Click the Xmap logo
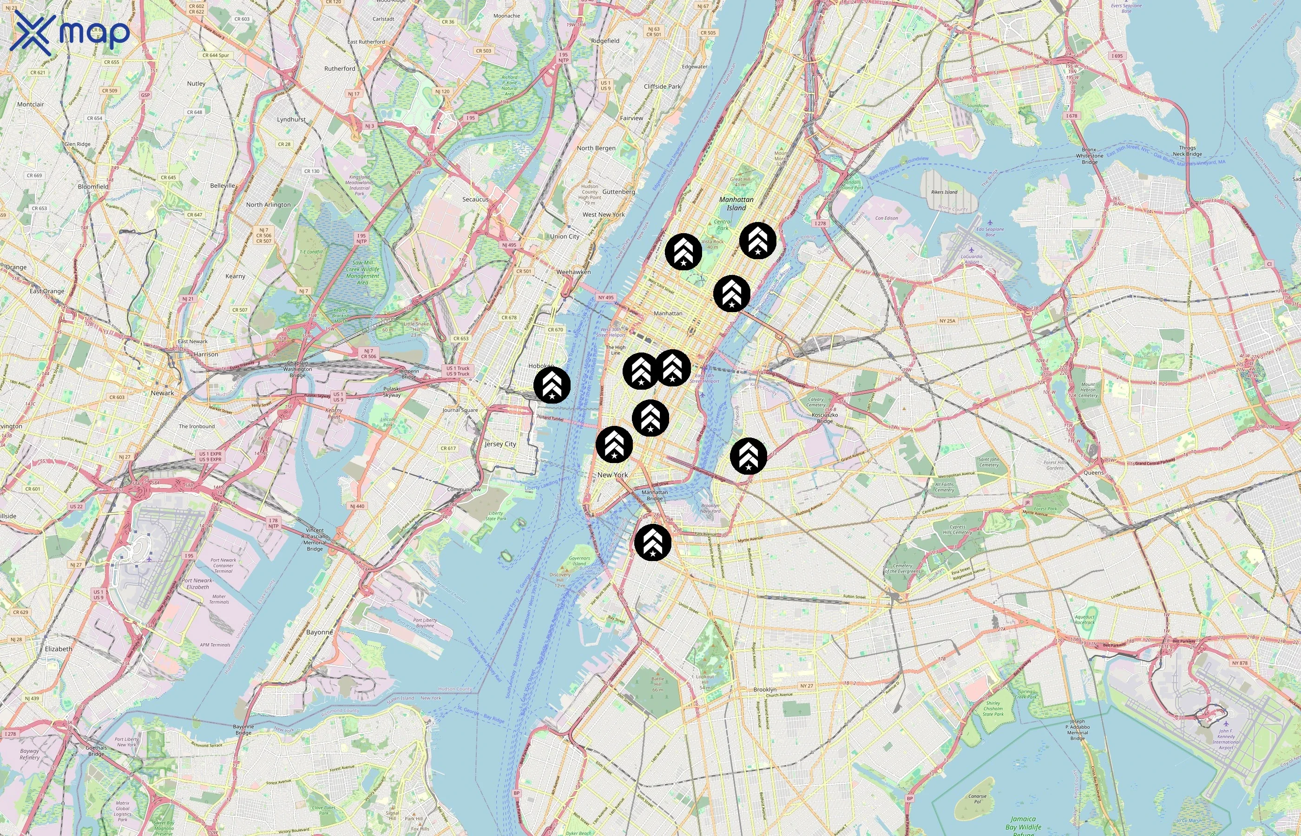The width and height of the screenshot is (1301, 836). point(70,33)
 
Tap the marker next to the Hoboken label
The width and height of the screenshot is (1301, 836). point(552,385)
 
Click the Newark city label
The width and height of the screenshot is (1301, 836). point(162,393)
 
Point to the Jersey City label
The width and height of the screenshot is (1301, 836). point(500,444)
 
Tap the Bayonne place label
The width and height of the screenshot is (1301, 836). point(319,632)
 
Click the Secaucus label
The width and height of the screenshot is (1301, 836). point(475,199)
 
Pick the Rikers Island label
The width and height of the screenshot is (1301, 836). point(944,192)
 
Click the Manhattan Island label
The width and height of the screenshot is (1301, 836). point(736,203)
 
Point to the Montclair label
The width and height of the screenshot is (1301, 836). point(30,104)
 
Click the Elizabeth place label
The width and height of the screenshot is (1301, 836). point(59,649)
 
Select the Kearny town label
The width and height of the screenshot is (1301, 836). point(235,276)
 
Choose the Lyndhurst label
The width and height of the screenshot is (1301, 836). point(291,119)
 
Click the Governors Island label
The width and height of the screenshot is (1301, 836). point(579,560)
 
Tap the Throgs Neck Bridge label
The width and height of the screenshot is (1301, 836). point(1187,151)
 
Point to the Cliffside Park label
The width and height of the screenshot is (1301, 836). point(662,86)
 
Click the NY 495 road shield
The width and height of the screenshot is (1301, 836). point(605,298)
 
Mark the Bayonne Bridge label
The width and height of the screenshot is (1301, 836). point(243,729)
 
